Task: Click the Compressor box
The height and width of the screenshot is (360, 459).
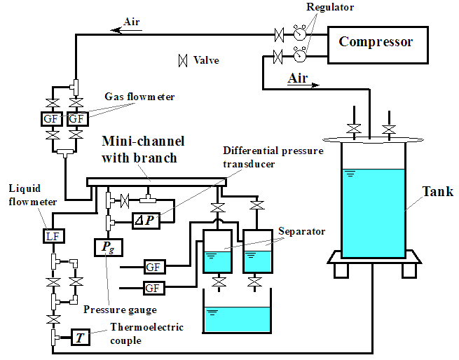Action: pyautogui.click(x=376, y=42)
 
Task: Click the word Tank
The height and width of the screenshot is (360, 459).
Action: pyautogui.click(x=437, y=192)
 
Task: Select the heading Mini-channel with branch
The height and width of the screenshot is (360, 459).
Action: pyautogui.click(x=139, y=149)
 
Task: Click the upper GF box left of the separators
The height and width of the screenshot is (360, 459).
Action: pyautogui.click(x=154, y=267)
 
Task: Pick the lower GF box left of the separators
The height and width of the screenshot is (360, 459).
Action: pyautogui.click(x=154, y=287)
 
